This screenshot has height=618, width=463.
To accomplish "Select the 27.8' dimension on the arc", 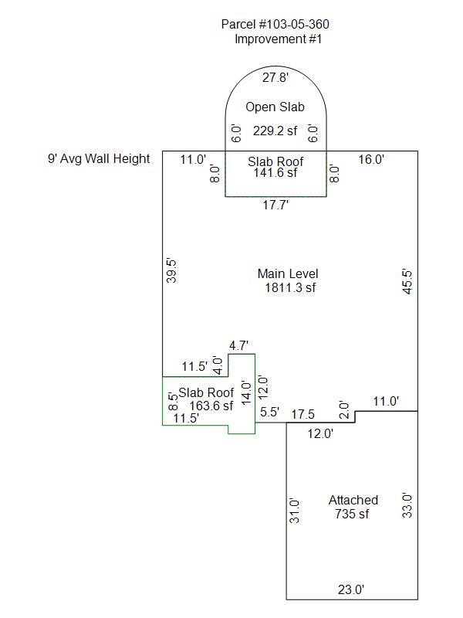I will click(275, 77).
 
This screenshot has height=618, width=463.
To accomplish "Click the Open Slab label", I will click(275, 107).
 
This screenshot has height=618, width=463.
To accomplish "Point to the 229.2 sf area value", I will click(275, 131).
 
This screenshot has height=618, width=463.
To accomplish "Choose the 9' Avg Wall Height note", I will click(99, 159).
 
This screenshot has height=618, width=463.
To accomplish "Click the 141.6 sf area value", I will click(275, 173).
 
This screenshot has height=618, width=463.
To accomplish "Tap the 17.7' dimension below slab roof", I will click(275, 205).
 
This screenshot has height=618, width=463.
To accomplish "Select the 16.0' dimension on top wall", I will click(372, 159).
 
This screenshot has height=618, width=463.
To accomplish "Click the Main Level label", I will click(288, 274).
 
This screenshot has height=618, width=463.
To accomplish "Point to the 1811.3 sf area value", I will click(288, 288).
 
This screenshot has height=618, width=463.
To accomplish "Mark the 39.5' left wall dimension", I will click(172, 271).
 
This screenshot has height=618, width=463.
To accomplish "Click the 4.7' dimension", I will click(239, 345).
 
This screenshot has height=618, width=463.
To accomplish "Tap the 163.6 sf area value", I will click(205, 406).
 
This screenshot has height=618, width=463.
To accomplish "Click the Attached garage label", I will click(353, 501).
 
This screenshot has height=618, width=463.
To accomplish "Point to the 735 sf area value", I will click(353, 514).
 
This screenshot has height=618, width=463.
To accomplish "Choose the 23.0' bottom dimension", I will click(351, 589).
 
